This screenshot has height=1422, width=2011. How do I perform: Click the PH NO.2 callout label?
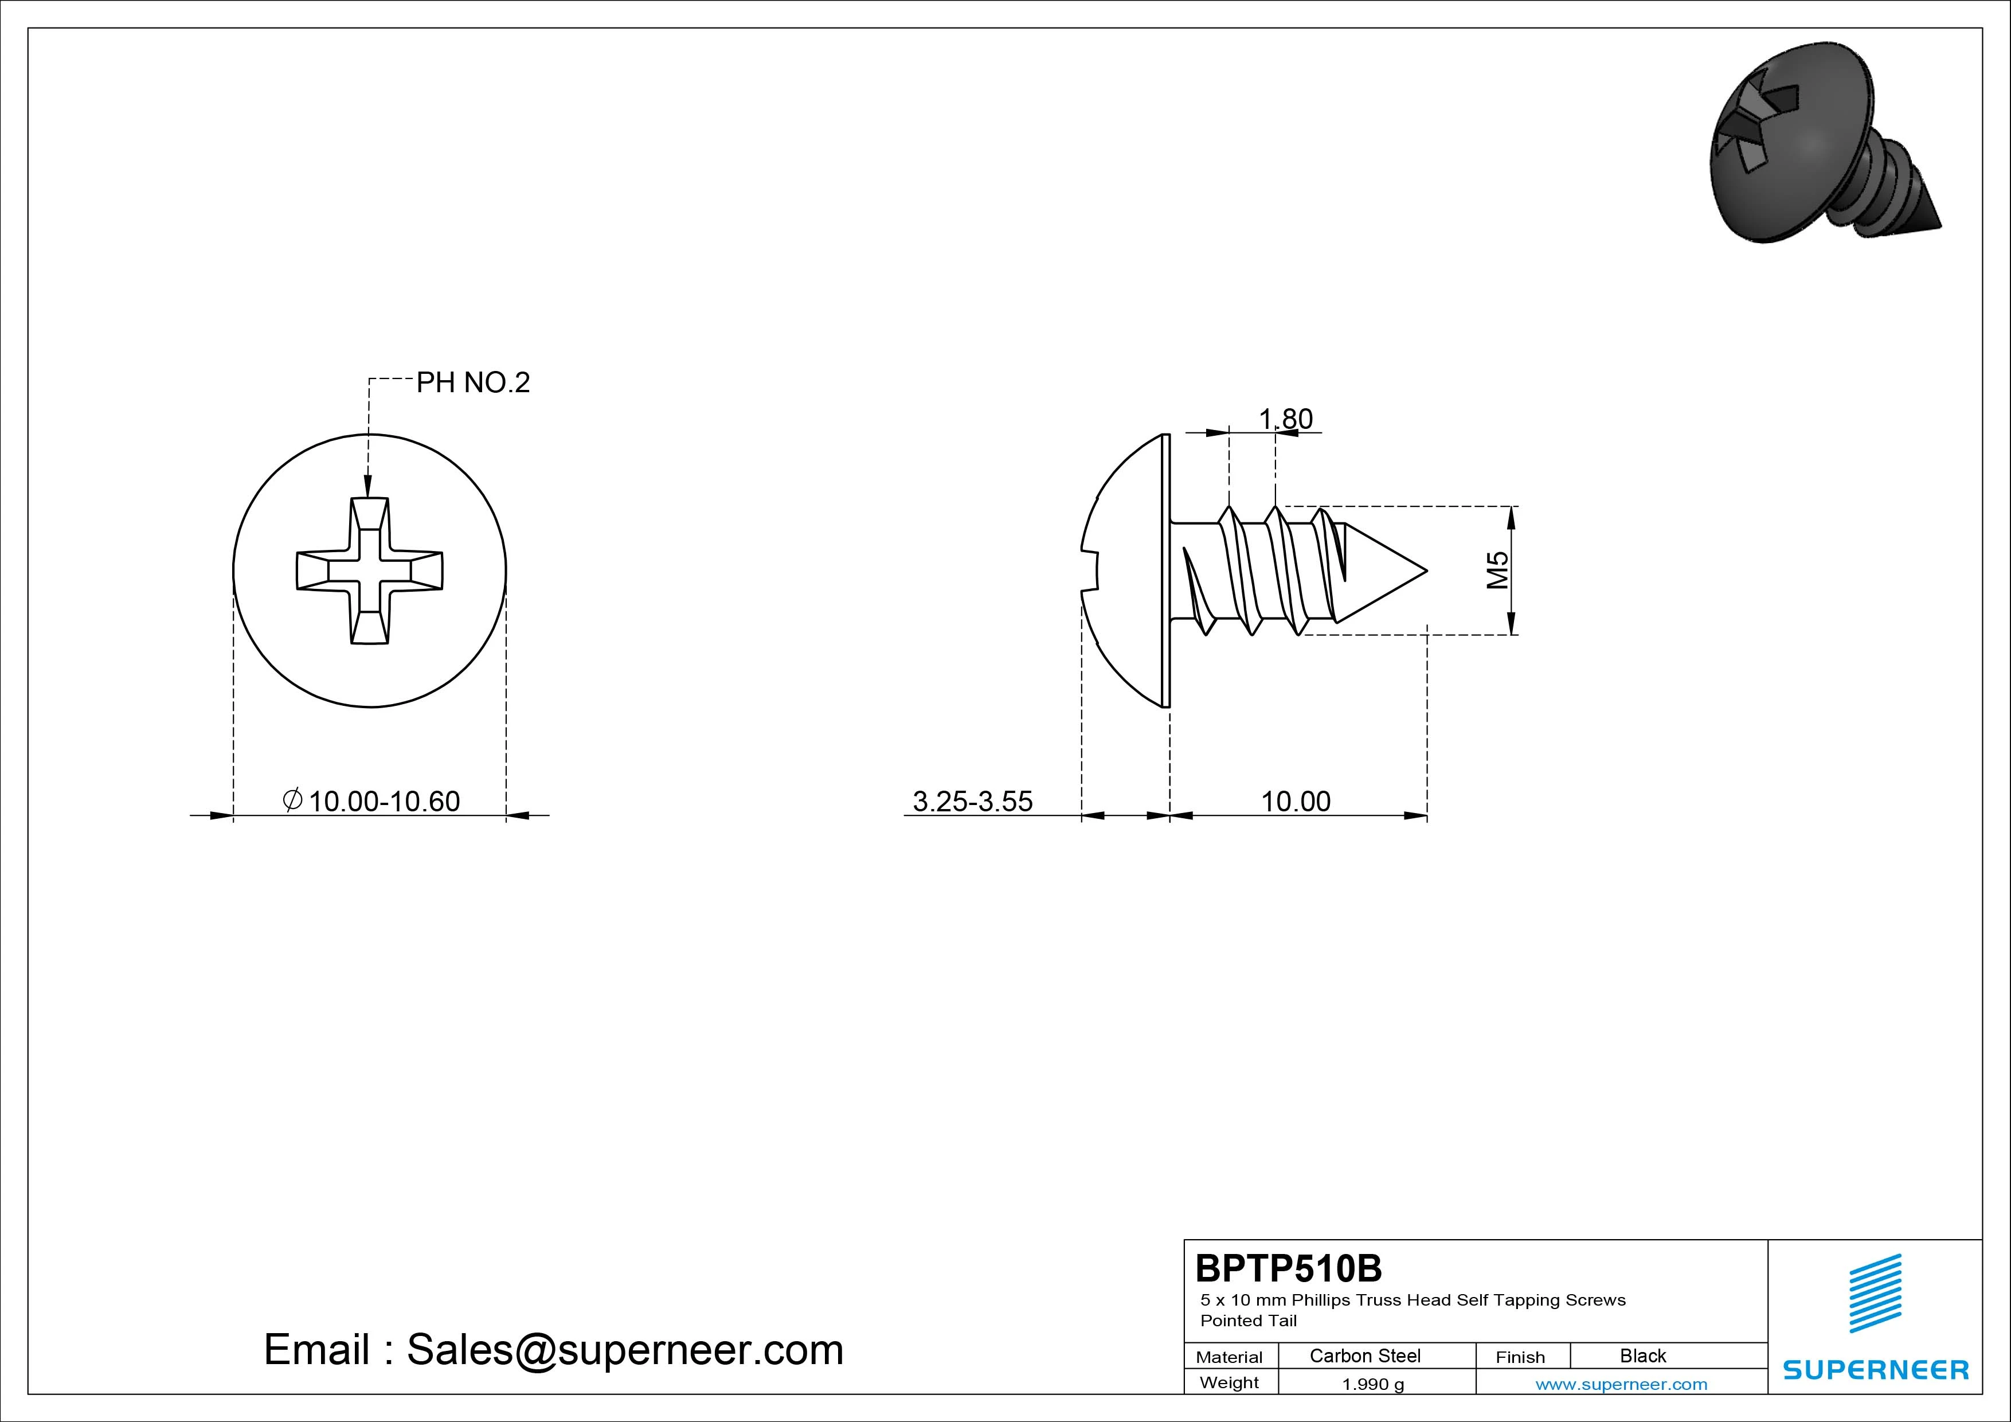click(x=473, y=383)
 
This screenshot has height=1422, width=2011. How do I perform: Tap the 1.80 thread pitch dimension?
click(x=1286, y=419)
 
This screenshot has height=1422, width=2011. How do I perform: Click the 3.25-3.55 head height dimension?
click(x=973, y=801)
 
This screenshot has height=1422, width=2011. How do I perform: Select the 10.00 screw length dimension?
click(x=1296, y=801)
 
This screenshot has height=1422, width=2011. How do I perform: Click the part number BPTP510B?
click(x=1289, y=1268)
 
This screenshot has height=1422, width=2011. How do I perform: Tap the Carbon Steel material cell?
click(x=1364, y=1355)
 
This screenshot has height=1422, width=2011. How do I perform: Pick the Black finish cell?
click(x=1643, y=1355)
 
